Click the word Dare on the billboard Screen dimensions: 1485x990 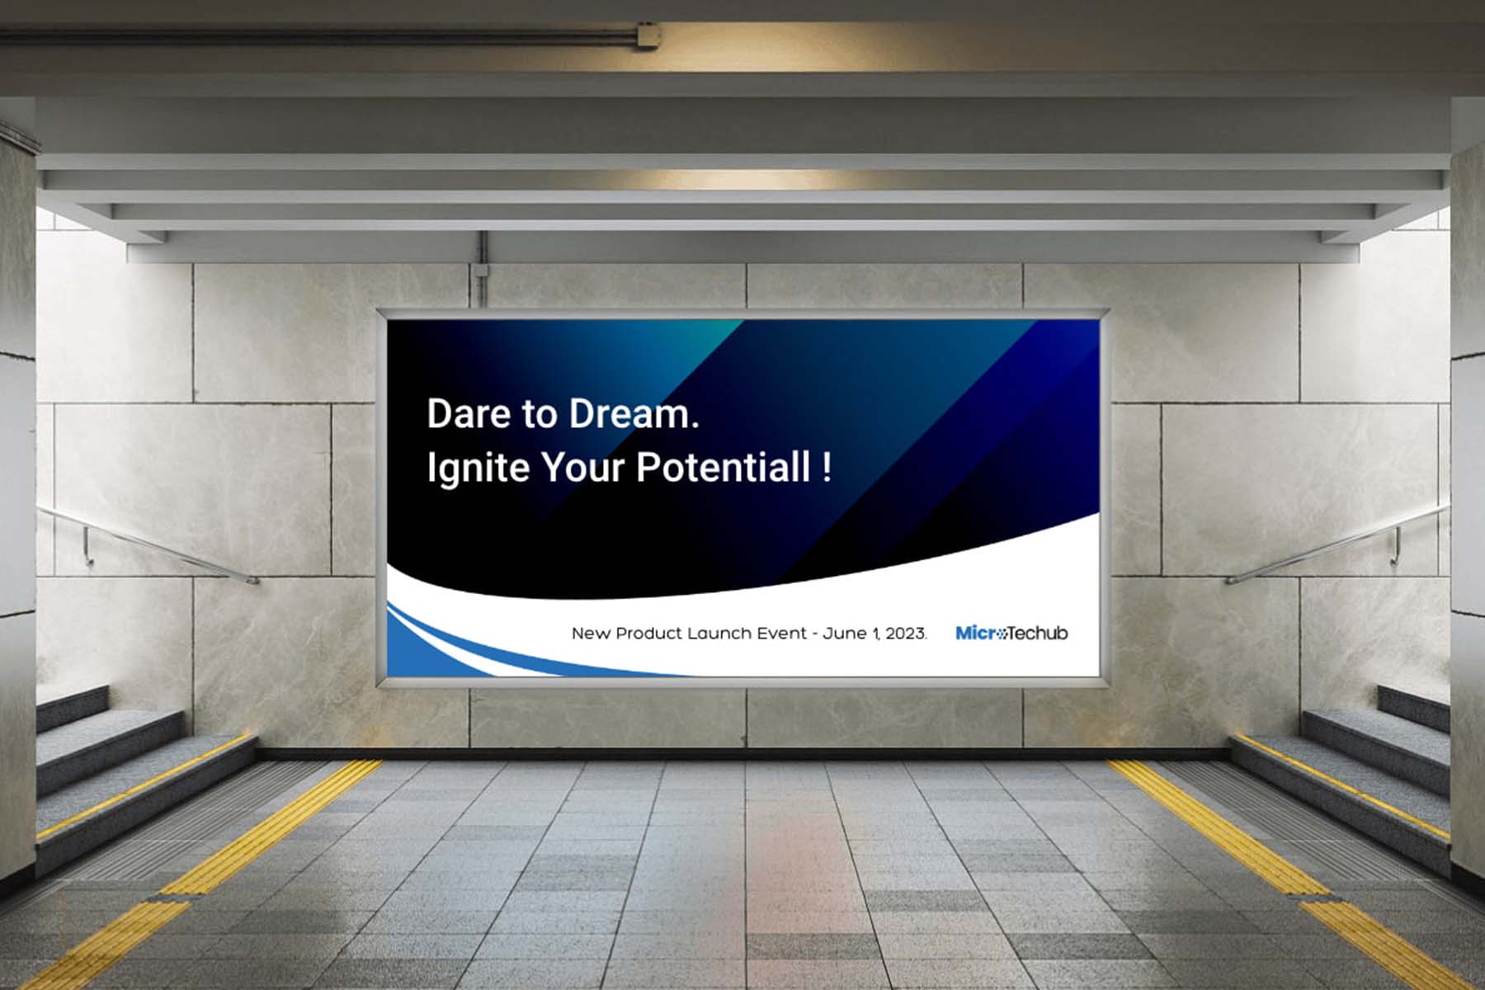[467, 413]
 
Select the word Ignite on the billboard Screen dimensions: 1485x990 [478, 469]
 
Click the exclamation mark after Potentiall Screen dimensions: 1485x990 [827, 467]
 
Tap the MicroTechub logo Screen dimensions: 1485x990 [1011, 633]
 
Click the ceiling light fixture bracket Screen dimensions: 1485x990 [648, 35]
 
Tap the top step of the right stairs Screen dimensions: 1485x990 [1413, 708]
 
